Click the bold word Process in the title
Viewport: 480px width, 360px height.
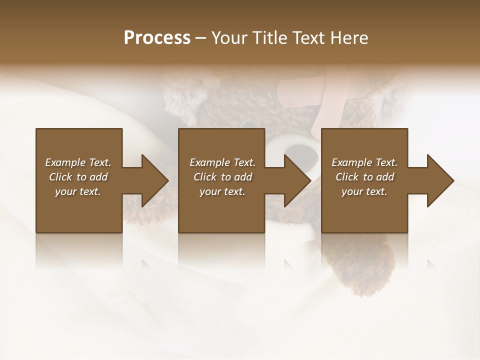coord(157,38)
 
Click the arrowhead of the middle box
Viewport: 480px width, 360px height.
coord(297,181)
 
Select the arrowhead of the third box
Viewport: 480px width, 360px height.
coord(440,181)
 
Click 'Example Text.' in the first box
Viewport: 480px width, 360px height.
coord(78,162)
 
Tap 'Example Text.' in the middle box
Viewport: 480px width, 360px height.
coord(222,162)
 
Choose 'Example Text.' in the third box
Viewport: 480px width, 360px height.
coord(364,162)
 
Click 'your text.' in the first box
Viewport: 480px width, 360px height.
coord(78,191)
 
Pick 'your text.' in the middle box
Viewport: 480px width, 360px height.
coord(222,191)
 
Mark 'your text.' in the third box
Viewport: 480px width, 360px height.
coord(364,191)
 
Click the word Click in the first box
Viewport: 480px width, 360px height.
coord(60,177)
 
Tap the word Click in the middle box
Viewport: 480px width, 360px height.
coord(205,177)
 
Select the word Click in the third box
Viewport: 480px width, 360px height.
coord(347,177)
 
